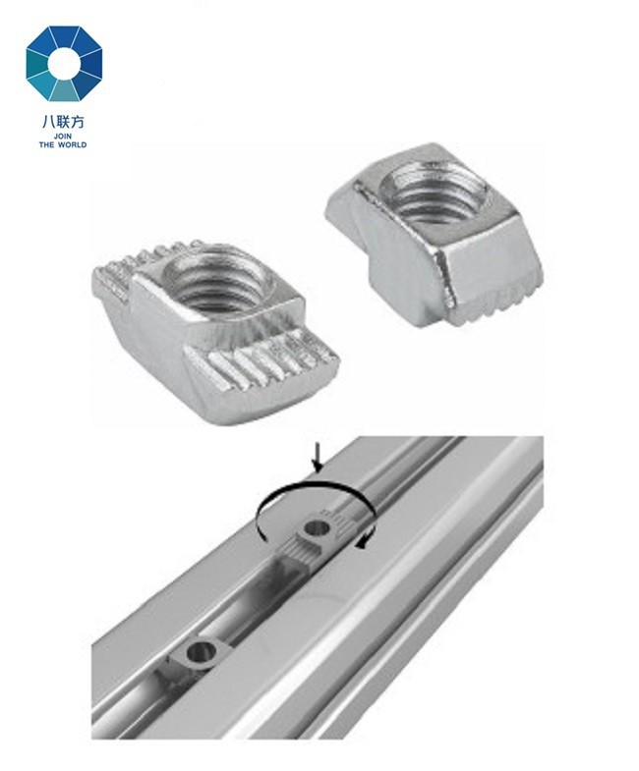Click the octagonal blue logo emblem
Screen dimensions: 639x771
(64, 64)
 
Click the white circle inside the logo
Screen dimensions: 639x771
(64, 64)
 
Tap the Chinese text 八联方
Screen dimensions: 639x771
(63, 121)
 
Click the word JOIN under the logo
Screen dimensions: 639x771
(63, 136)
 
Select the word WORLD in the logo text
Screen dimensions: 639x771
(72, 144)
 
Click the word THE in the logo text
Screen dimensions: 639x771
(46, 144)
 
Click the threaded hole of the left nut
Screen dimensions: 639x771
(216, 283)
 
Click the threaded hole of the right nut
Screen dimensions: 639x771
(436, 191)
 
